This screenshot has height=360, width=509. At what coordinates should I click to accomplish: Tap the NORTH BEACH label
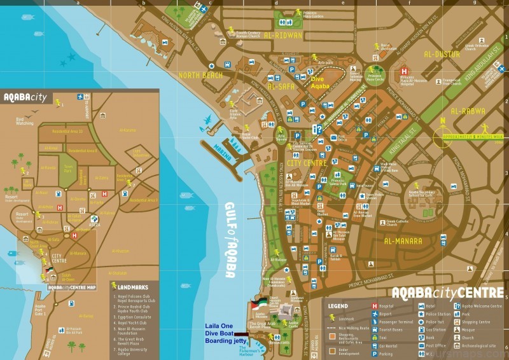[x=201, y=75]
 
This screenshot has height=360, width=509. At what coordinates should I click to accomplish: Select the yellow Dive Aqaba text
[x=320, y=82]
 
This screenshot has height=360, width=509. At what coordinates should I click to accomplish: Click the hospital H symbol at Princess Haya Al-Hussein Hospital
[x=403, y=71]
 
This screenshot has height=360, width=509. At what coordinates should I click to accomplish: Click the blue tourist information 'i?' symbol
[x=316, y=129]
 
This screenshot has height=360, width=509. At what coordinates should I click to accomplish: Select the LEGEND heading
[x=338, y=306]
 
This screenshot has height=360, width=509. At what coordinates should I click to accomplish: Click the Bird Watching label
[x=24, y=120]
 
